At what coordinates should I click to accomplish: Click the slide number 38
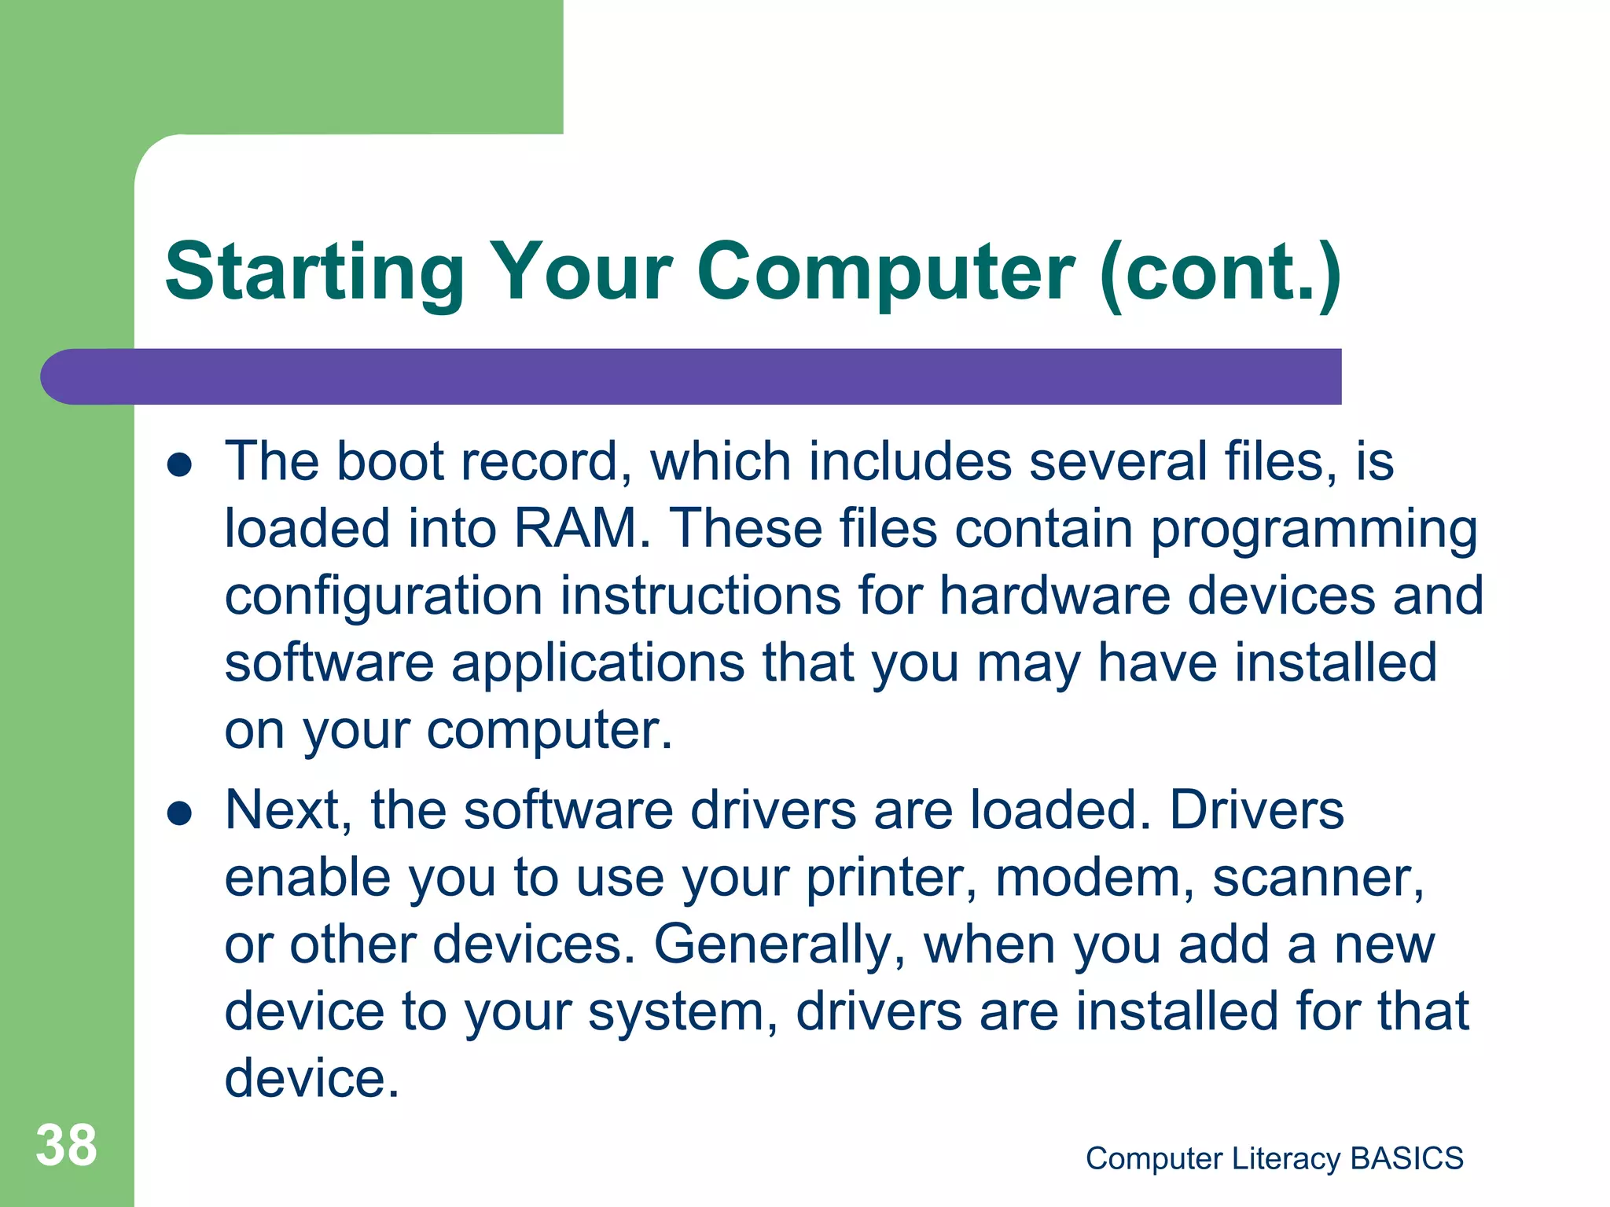[x=66, y=1146]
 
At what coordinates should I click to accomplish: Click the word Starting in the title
[x=315, y=273]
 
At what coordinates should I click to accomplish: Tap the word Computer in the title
[x=885, y=273]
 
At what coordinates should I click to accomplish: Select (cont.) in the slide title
[x=1220, y=273]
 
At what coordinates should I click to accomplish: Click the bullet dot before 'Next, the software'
[x=180, y=813]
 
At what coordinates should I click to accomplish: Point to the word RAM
[x=580, y=528]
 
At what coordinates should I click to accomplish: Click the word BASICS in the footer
[x=1406, y=1159]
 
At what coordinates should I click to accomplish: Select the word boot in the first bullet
[x=390, y=461]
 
